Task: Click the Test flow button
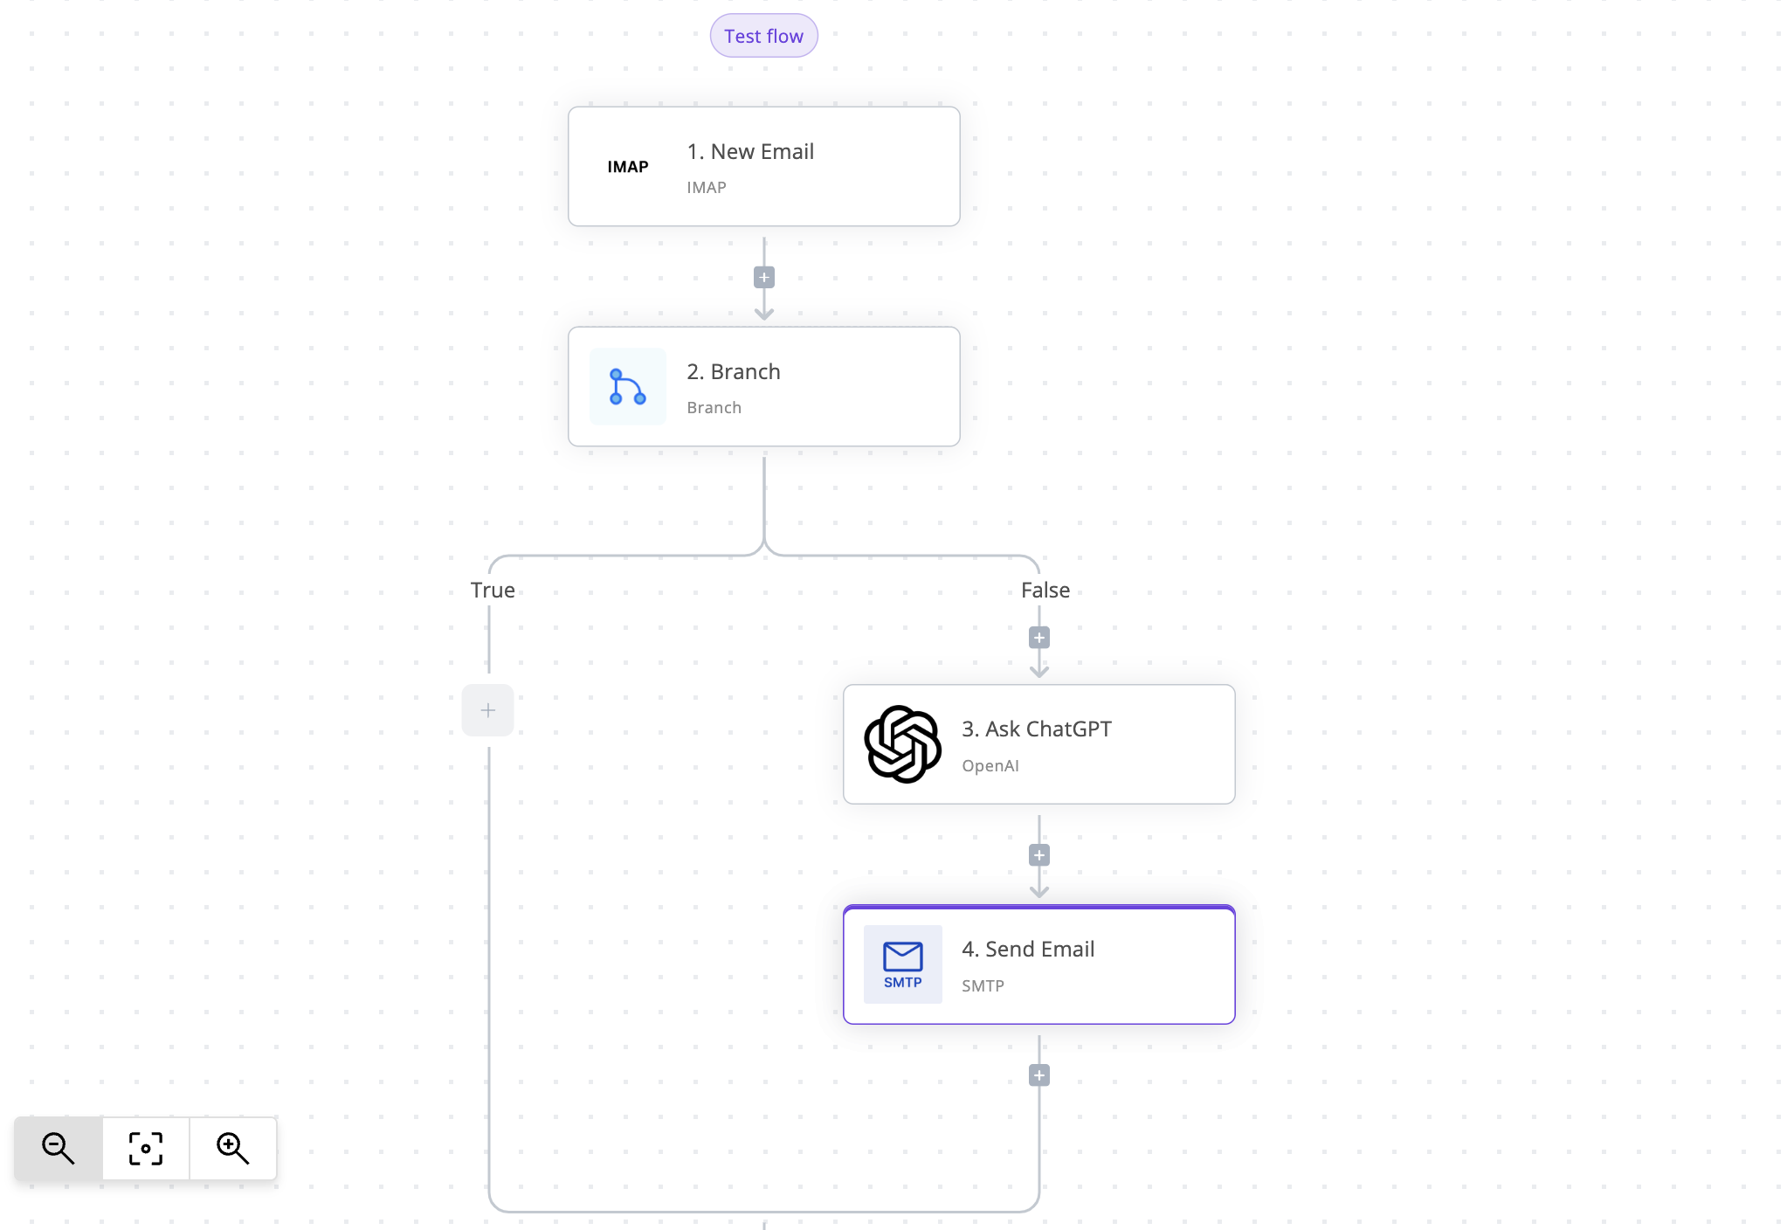coord(763,36)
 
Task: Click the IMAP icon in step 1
coord(628,167)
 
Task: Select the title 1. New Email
coord(750,151)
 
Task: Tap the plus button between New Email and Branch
coord(764,278)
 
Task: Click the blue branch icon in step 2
coord(628,387)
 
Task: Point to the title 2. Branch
coord(734,371)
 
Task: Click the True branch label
coord(493,590)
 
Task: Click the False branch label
coord(1045,590)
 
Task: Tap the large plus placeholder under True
coord(488,710)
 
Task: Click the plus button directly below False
coord(1039,638)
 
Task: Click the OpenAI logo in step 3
coord(903,744)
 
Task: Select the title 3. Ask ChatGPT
coord(1037,729)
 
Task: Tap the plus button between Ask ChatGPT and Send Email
coord(1039,855)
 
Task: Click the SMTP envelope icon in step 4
coord(903,964)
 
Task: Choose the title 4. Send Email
coord(1028,949)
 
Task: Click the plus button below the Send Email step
coord(1039,1075)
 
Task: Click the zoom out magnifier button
coord(59,1149)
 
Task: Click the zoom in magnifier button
coord(233,1149)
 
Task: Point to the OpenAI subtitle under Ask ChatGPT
coord(990,766)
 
